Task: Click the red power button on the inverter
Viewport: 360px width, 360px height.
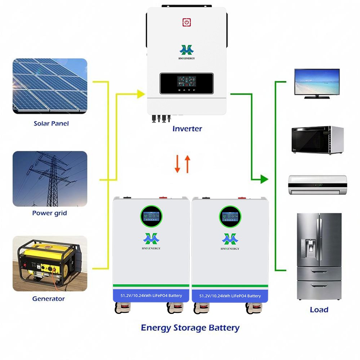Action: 186,22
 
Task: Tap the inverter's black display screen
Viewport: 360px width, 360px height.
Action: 186,83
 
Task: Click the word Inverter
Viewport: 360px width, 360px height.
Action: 187,129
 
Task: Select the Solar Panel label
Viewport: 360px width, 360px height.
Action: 51,123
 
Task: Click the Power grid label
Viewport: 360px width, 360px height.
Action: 50,213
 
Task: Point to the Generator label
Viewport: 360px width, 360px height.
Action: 49,298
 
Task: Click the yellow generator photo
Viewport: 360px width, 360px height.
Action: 50,264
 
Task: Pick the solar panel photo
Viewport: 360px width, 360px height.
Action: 50,86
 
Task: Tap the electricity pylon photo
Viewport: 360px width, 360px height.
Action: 50,179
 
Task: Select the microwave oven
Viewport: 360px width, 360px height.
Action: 317,140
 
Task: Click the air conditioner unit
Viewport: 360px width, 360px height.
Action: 317,185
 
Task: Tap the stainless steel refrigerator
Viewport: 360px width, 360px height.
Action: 319,256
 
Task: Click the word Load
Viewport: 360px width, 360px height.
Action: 319,310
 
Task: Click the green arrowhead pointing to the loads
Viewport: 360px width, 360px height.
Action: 265,179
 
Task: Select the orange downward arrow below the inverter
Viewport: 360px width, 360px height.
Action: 177,164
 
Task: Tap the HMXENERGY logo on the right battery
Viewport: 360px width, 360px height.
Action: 230,240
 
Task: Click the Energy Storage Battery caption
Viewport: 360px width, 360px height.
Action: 190,328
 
